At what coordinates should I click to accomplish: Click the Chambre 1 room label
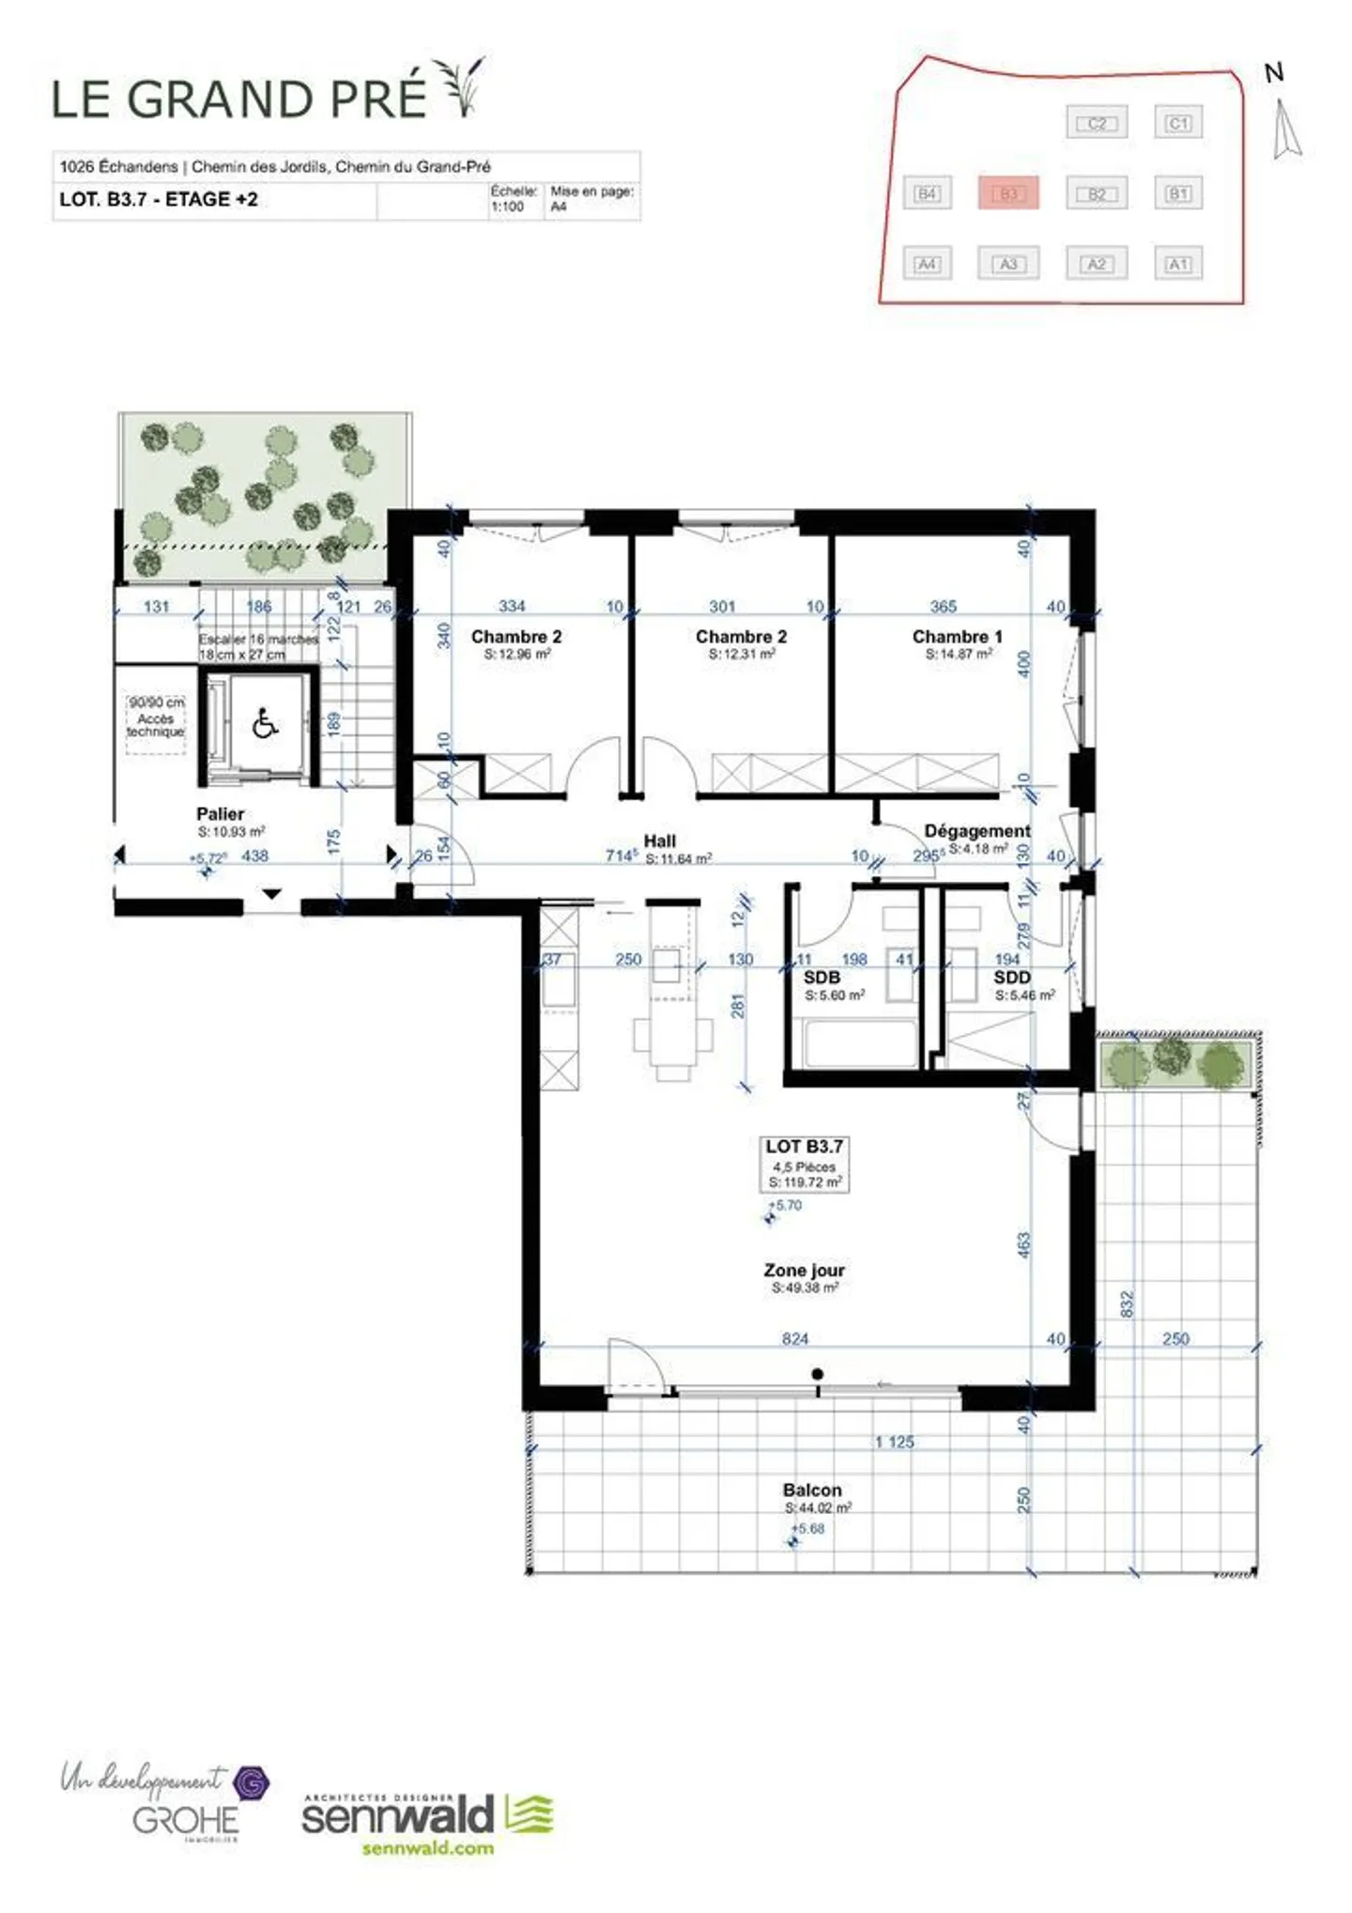[x=957, y=637]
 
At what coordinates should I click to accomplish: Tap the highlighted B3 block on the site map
[x=1007, y=193]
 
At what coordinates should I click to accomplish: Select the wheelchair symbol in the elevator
[x=265, y=724]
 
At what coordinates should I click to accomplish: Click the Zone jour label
[x=804, y=1270]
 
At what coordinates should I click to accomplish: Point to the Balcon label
[x=812, y=1489]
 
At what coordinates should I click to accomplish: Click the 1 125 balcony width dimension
[x=894, y=1442]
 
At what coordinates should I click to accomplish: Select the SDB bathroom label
[x=822, y=978]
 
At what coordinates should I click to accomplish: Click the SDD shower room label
[x=1011, y=978]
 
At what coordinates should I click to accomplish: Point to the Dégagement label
[x=976, y=831]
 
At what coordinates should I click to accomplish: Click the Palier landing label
[x=221, y=814]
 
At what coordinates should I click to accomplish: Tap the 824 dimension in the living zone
[x=794, y=1339]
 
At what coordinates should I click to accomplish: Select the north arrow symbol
[x=1285, y=128]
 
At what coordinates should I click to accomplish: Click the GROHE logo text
[x=186, y=1822]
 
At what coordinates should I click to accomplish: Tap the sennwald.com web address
[x=427, y=1848]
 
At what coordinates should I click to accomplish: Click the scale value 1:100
[x=507, y=207]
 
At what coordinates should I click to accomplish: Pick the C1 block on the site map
[x=1177, y=123]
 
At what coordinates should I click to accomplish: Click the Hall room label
[x=659, y=841]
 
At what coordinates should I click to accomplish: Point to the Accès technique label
[x=156, y=724]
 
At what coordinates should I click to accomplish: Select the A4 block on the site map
[x=927, y=264]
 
